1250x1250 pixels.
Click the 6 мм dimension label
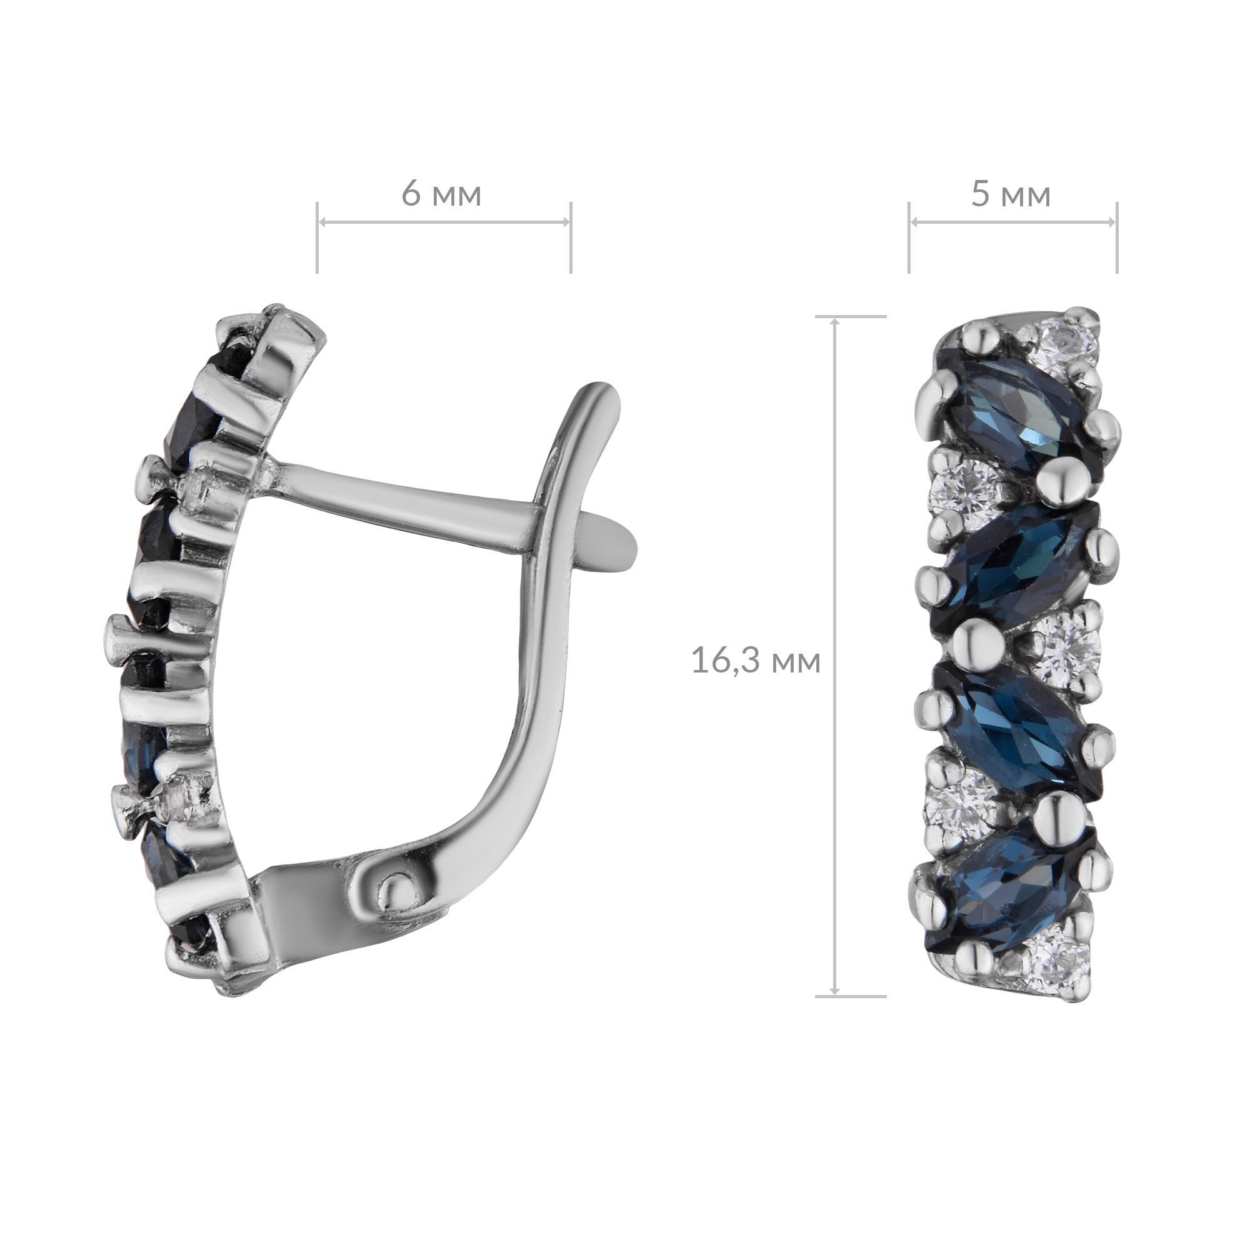pyautogui.click(x=442, y=194)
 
